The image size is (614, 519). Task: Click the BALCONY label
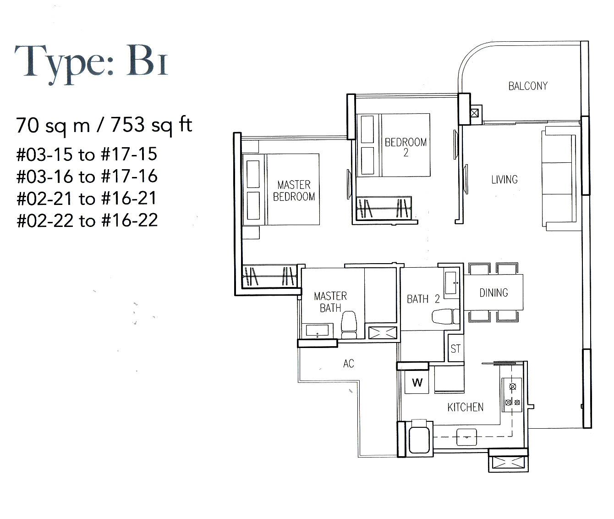coord(528,86)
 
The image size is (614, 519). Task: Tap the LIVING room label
coord(504,180)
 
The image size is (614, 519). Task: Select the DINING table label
coord(493,293)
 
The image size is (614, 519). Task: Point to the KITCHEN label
coord(465,407)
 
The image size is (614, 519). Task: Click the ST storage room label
coord(455,349)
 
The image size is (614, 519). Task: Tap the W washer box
coord(417,382)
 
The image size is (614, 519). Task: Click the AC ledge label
coord(348,364)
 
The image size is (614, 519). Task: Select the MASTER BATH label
coord(330,302)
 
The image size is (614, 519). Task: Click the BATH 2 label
coord(423,299)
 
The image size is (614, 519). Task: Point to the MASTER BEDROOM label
coord(294,191)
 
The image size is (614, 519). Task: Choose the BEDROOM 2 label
coord(406,147)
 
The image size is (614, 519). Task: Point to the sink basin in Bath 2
coord(451,282)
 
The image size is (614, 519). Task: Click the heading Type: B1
coord(92,62)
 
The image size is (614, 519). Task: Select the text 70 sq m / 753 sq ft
coord(104,125)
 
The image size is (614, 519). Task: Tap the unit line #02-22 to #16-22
coord(87,221)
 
